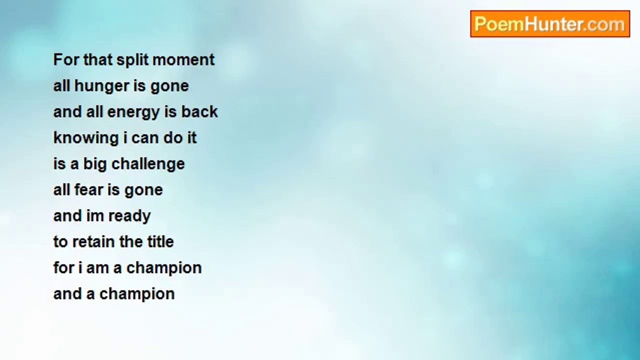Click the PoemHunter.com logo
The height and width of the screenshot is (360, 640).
pyautogui.click(x=550, y=24)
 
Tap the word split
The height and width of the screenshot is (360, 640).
pyautogui.click(x=132, y=60)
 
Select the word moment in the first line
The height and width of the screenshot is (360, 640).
pyautogui.click(x=183, y=60)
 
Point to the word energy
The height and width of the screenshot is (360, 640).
pyautogui.click(x=133, y=112)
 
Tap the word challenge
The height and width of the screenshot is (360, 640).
pyautogui.click(x=148, y=164)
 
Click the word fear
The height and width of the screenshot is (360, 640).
pyautogui.click(x=89, y=189)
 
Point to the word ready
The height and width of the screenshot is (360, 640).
pyautogui.click(x=129, y=216)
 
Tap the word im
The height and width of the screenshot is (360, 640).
pyautogui.click(x=95, y=215)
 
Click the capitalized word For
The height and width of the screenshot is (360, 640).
pyautogui.click(x=66, y=60)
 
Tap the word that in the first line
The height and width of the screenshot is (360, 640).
pyautogui.click(x=97, y=60)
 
